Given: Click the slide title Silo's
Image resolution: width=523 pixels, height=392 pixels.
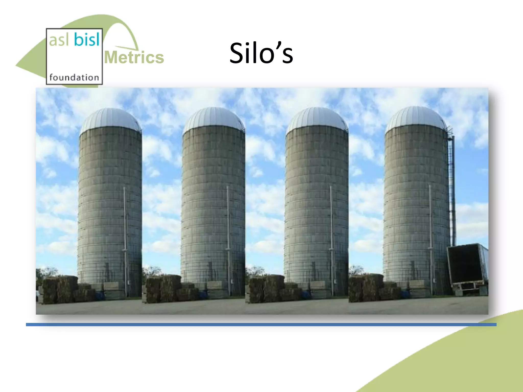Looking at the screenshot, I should (261, 53).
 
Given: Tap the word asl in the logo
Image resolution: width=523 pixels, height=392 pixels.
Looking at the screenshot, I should (59, 40).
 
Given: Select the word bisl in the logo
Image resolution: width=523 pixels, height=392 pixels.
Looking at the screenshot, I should (87, 40).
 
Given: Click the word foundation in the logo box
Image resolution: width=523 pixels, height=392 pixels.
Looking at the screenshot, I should (74, 77).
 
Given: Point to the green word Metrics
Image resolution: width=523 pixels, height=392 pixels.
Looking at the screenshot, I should (134, 57).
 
